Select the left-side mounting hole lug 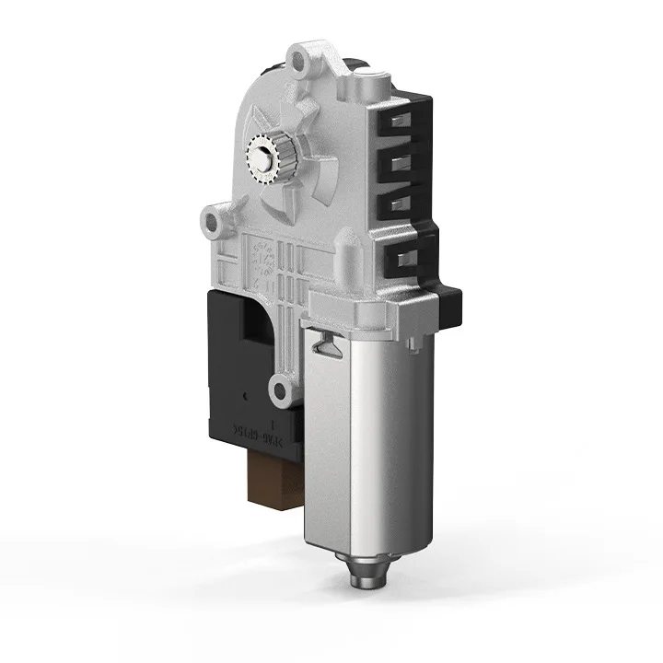(x=214, y=222)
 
